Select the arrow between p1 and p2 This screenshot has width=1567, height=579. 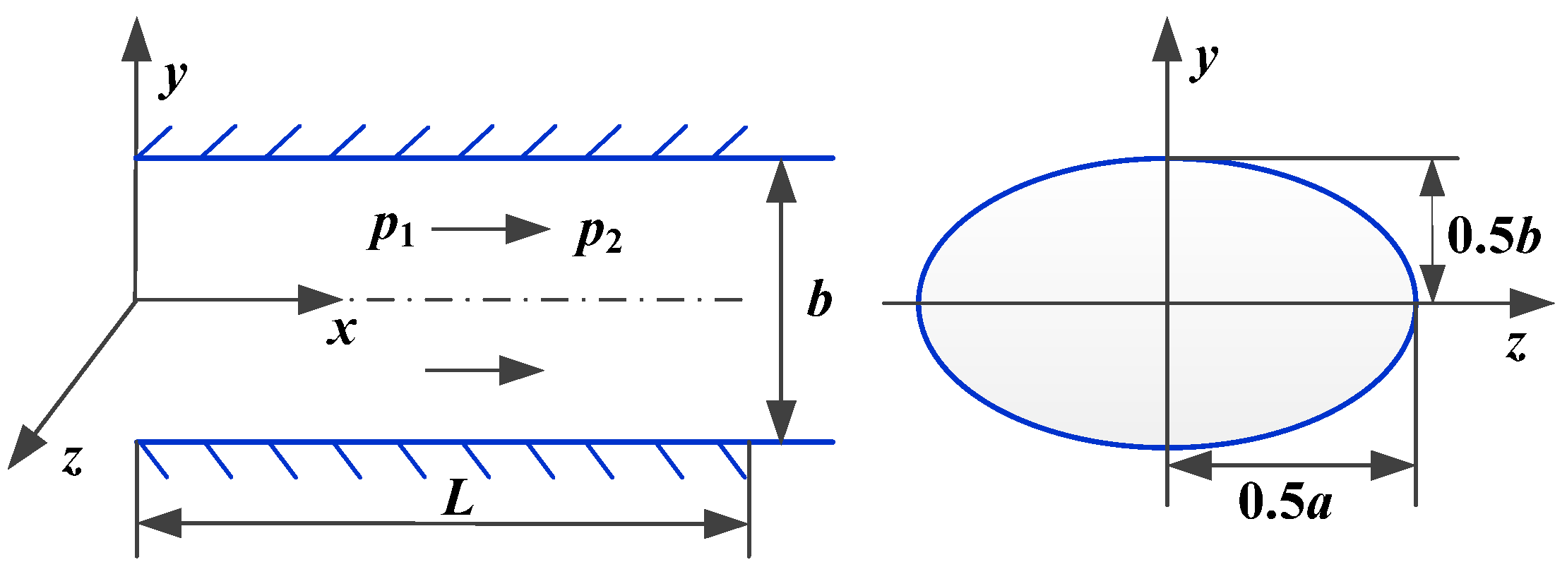tap(490, 229)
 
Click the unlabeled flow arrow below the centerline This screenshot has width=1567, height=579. tap(484, 370)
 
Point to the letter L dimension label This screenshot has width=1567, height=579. tap(459, 499)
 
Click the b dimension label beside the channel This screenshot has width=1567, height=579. tap(819, 300)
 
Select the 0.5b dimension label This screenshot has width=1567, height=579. tap(1494, 235)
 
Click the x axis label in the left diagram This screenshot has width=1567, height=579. tap(342, 330)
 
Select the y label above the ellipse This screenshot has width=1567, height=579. tap(1205, 61)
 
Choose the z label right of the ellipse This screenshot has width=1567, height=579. tap(1516, 347)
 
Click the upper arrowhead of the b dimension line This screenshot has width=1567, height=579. tap(781, 182)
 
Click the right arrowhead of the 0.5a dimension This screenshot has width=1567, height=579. tap(1393, 465)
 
